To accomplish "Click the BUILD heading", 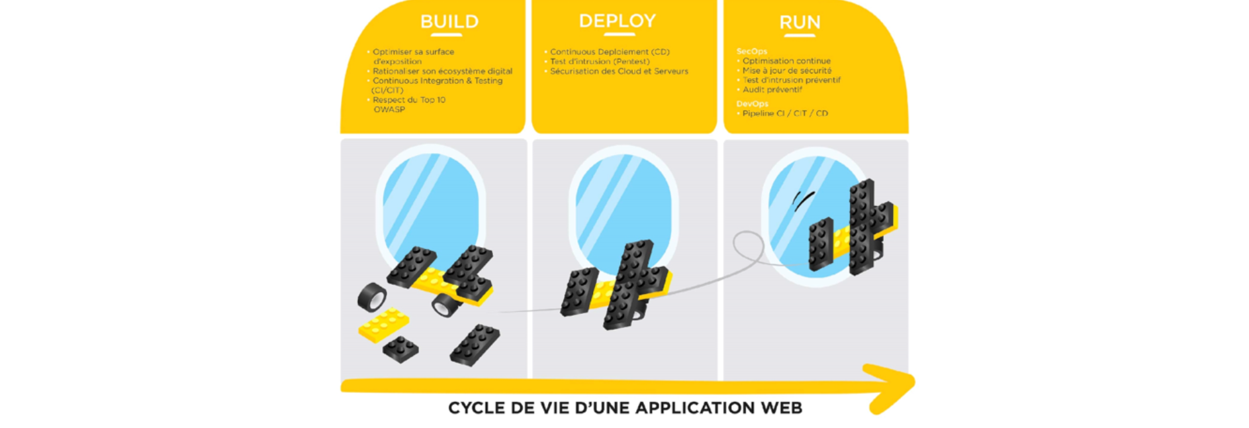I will tap(449, 22).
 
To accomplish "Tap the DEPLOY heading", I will tap(617, 21).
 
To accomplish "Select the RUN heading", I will tap(800, 23).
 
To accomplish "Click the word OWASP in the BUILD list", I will tap(389, 109).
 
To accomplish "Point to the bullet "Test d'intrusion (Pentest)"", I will tap(600, 62).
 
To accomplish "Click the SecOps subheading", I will tap(752, 51).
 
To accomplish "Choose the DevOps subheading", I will tap(753, 104).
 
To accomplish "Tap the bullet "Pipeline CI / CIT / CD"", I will tap(785, 113).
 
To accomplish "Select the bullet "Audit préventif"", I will tap(772, 89).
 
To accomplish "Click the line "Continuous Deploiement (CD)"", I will tap(610, 52).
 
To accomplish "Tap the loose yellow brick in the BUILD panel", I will tap(383, 325).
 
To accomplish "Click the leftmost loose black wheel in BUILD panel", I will tap(372, 297).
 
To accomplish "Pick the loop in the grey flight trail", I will tap(748, 246).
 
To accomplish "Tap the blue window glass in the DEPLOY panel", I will tap(622, 199).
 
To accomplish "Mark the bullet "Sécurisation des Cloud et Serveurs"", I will tap(619, 72).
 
